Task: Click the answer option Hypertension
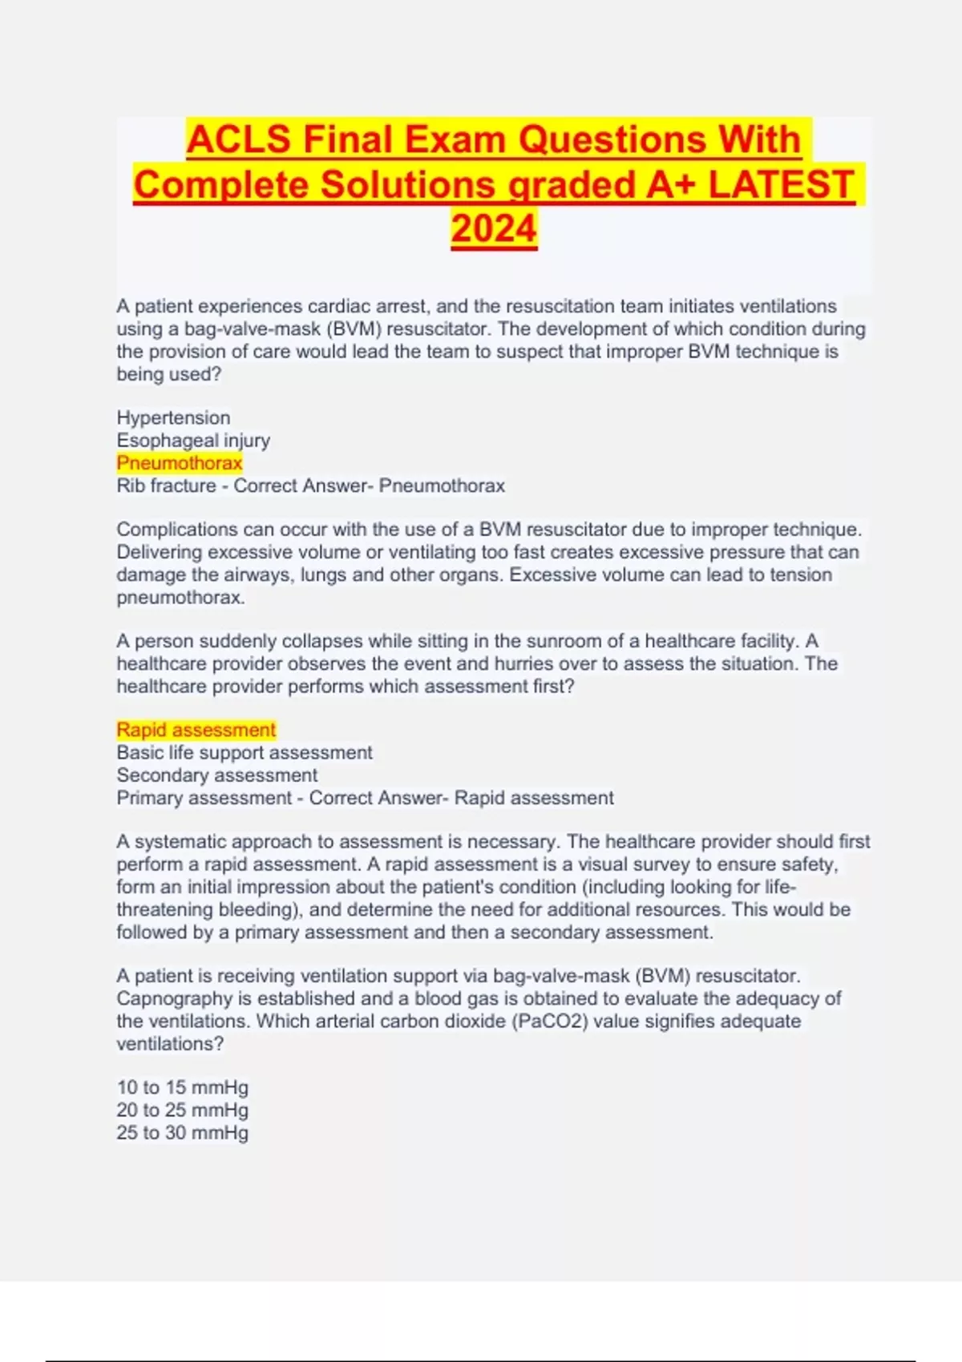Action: [x=173, y=417]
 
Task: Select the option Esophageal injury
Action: [x=193, y=440]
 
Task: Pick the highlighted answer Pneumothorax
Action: [x=180, y=462]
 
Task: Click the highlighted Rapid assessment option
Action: [x=196, y=730]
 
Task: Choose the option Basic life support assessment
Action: [x=245, y=752]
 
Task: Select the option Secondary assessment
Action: [x=216, y=775]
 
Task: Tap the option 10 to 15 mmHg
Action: [x=183, y=1087]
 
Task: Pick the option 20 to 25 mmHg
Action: [x=183, y=1110]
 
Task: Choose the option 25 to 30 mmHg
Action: [x=183, y=1132]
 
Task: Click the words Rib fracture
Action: [x=166, y=486]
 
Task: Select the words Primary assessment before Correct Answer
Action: [x=204, y=798]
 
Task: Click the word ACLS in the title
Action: [x=238, y=139]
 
